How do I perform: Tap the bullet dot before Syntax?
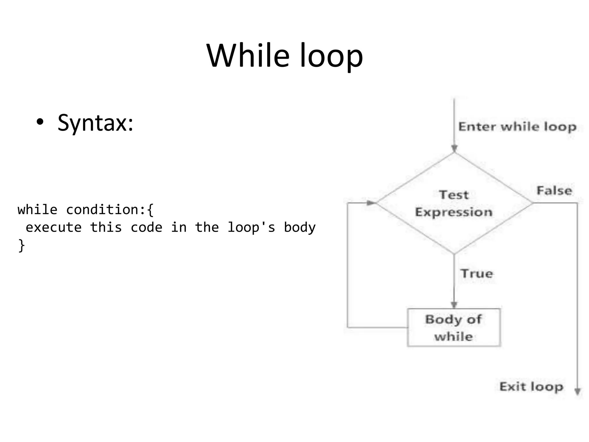click(x=40, y=123)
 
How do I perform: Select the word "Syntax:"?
click(x=95, y=123)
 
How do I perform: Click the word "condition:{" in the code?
click(x=110, y=210)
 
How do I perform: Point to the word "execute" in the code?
click(x=54, y=228)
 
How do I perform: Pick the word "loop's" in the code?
click(x=251, y=228)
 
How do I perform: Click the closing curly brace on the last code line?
click(x=22, y=246)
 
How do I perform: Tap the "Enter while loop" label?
click(x=517, y=127)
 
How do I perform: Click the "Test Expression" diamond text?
click(x=454, y=203)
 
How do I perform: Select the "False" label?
click(x=554, y=191)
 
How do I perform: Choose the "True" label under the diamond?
click(x=477, y=274)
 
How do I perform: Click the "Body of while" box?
click(x=454, y=327)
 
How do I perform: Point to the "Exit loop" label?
click(x=531, y=387)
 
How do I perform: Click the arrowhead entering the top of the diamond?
click(x=454, y=148)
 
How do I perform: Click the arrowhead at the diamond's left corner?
click(x=371, y=203)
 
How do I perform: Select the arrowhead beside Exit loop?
click(x=577, y=392)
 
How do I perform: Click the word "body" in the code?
click(x=300, y=228)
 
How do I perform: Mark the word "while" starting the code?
click(x=37, y=210)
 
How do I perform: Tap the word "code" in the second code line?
click(x=146, y=228)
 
